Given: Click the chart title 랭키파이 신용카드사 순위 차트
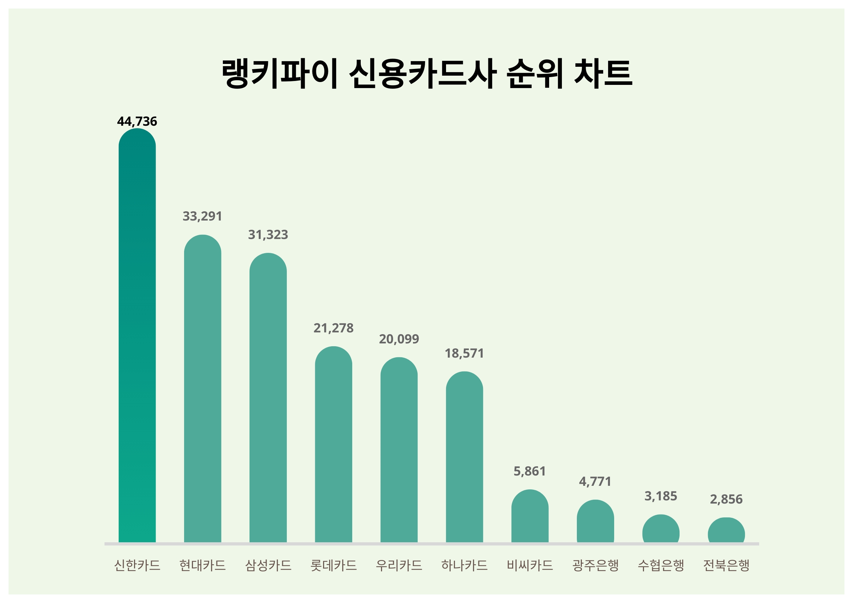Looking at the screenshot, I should [x=426, y=74].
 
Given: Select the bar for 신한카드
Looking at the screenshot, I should [x=137, y=336].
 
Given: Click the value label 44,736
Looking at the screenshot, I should [x=137, y=121].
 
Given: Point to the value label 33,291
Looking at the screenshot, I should [x=203, y=216].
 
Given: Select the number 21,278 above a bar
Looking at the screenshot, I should [x=333, y=328].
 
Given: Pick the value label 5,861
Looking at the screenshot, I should [x=530, y=471].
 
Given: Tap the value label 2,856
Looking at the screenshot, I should [x=726, y=499].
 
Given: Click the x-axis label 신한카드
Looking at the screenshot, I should [x=137, y=565].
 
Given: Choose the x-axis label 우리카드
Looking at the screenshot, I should [x=399, y=565].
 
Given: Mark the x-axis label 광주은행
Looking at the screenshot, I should [x=595, y=565].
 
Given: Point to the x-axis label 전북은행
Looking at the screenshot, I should [x=726, y=565].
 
